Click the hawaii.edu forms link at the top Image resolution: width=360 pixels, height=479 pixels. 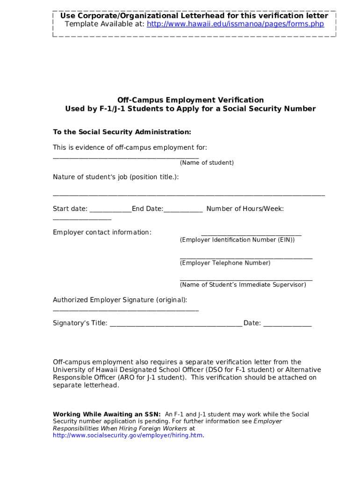point(235,24)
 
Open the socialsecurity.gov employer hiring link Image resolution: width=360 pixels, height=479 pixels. point(128,435)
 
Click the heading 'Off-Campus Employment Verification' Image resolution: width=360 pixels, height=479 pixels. point(190,100)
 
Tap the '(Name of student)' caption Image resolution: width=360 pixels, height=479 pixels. point(207,163)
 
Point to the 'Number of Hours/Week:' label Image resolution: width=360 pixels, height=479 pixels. point(245,209)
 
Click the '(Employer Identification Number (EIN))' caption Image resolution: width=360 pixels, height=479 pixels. point(237,240)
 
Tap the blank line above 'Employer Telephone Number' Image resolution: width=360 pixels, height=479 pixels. point(246,258)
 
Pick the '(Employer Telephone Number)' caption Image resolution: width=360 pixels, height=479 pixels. point(225,263)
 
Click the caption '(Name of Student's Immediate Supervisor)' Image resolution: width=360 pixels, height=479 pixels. point(243,284)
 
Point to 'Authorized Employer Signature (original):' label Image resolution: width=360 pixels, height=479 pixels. point(120,300)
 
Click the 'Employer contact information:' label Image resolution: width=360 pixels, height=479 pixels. point(102,232)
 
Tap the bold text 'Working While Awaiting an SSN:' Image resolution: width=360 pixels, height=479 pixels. point(107,414)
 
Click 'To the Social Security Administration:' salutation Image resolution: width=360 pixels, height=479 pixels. point(122,132)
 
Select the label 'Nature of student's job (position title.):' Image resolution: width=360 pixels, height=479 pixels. point(115,177)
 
